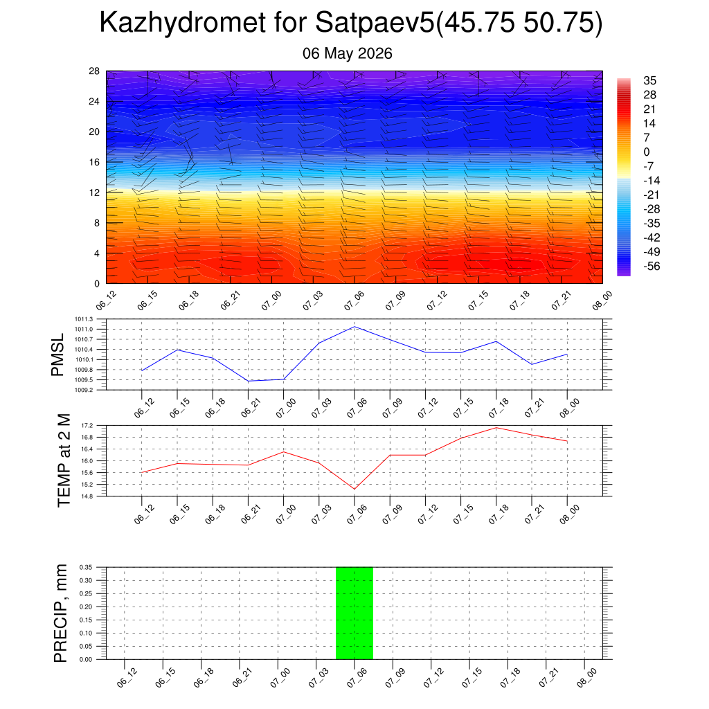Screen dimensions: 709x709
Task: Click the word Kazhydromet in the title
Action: coord(183,23)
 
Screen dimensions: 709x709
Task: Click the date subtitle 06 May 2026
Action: coord(348,53)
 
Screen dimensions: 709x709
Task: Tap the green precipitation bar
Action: coord(354,613)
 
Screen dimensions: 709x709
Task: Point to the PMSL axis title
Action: coord(58,355)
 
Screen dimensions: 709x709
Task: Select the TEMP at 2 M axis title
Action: coord(64,460)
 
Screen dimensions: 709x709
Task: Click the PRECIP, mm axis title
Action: coord(60,613)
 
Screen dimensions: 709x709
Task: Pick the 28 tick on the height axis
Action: coord(94,71)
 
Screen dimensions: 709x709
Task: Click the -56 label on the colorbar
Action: coord(652,267)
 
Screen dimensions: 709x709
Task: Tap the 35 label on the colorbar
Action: coord(649,80)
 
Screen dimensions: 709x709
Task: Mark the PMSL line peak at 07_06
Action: coord(354,327)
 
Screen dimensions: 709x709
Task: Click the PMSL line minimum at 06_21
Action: coord(249,382)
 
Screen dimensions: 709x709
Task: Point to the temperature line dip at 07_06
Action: coord(354,489)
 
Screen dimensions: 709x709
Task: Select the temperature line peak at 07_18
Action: coord(496,428)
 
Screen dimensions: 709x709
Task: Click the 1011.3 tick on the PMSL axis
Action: coord(84,319)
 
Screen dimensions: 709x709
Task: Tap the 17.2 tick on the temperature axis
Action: coord(87,426)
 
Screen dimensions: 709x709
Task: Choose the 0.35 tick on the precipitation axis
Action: coord(85,567)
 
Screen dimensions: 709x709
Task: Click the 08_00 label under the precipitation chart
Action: coord(587,679)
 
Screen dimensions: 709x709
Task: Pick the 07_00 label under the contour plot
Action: coord(271,300)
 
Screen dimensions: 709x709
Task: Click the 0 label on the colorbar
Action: coord(647,152)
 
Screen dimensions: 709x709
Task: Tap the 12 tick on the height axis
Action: coord(94,192)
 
